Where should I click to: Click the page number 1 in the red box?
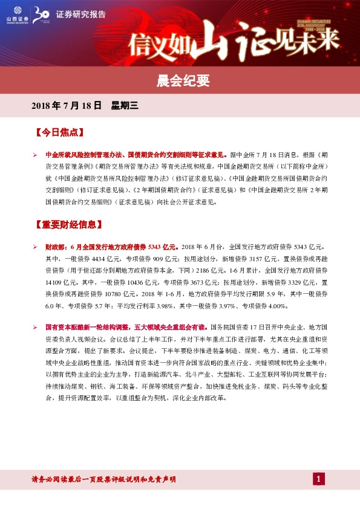[319, 479]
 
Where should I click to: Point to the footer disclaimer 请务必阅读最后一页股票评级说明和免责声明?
[103, 479]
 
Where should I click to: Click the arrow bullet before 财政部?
[35, 247]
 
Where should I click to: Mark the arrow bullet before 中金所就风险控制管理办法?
[35, 154]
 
